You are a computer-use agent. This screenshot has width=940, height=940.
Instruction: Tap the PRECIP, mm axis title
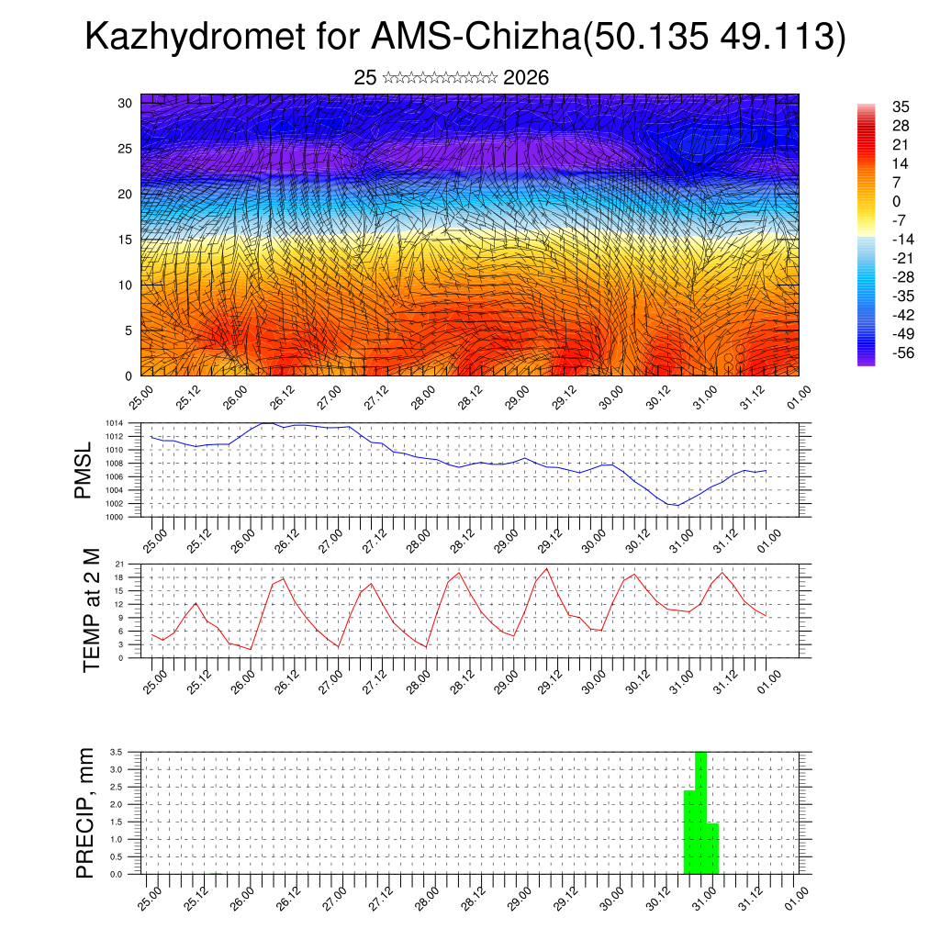pyautogui.click(x=84, y=812)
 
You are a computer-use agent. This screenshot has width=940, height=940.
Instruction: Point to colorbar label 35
pyautogui.click(x=900, y=106)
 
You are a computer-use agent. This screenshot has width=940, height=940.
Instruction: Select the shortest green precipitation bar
pyautogui.click(x=712, y=848)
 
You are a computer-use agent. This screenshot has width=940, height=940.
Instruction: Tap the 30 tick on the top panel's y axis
pyautogui.click(x=125, y=103)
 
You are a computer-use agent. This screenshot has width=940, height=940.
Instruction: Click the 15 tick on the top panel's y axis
pyautogui.click(x=125, y=240)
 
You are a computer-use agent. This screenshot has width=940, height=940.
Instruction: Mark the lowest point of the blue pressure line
pyautogui.click(x=677, y=505)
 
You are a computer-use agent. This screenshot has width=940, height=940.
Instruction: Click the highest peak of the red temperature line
pyautogui.click(x=547, y=568)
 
